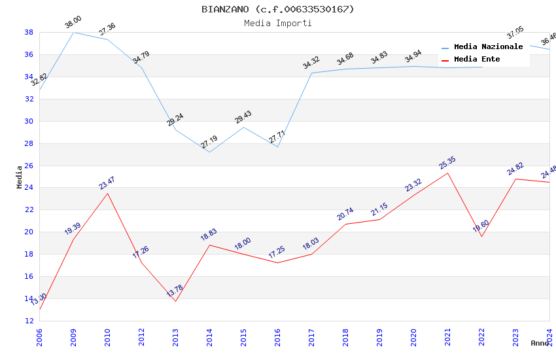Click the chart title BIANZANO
[x=277, y=9]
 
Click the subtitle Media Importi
[x=277, y=23]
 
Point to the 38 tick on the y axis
[x=29, y=32]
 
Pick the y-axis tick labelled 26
[x=29, y=166]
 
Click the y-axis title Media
[x=20, y=177]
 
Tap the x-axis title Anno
[x=540, y=343]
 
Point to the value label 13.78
[x=175, y=291]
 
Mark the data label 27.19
[x=209, y=142]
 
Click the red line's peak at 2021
[x=447, y=173]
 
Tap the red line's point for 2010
[x=107, y=193]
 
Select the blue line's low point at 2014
[x=209, y=152]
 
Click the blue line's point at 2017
[x=311, y=73]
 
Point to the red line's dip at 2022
[x=481, y=236]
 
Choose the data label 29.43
[x=243, y=117]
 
